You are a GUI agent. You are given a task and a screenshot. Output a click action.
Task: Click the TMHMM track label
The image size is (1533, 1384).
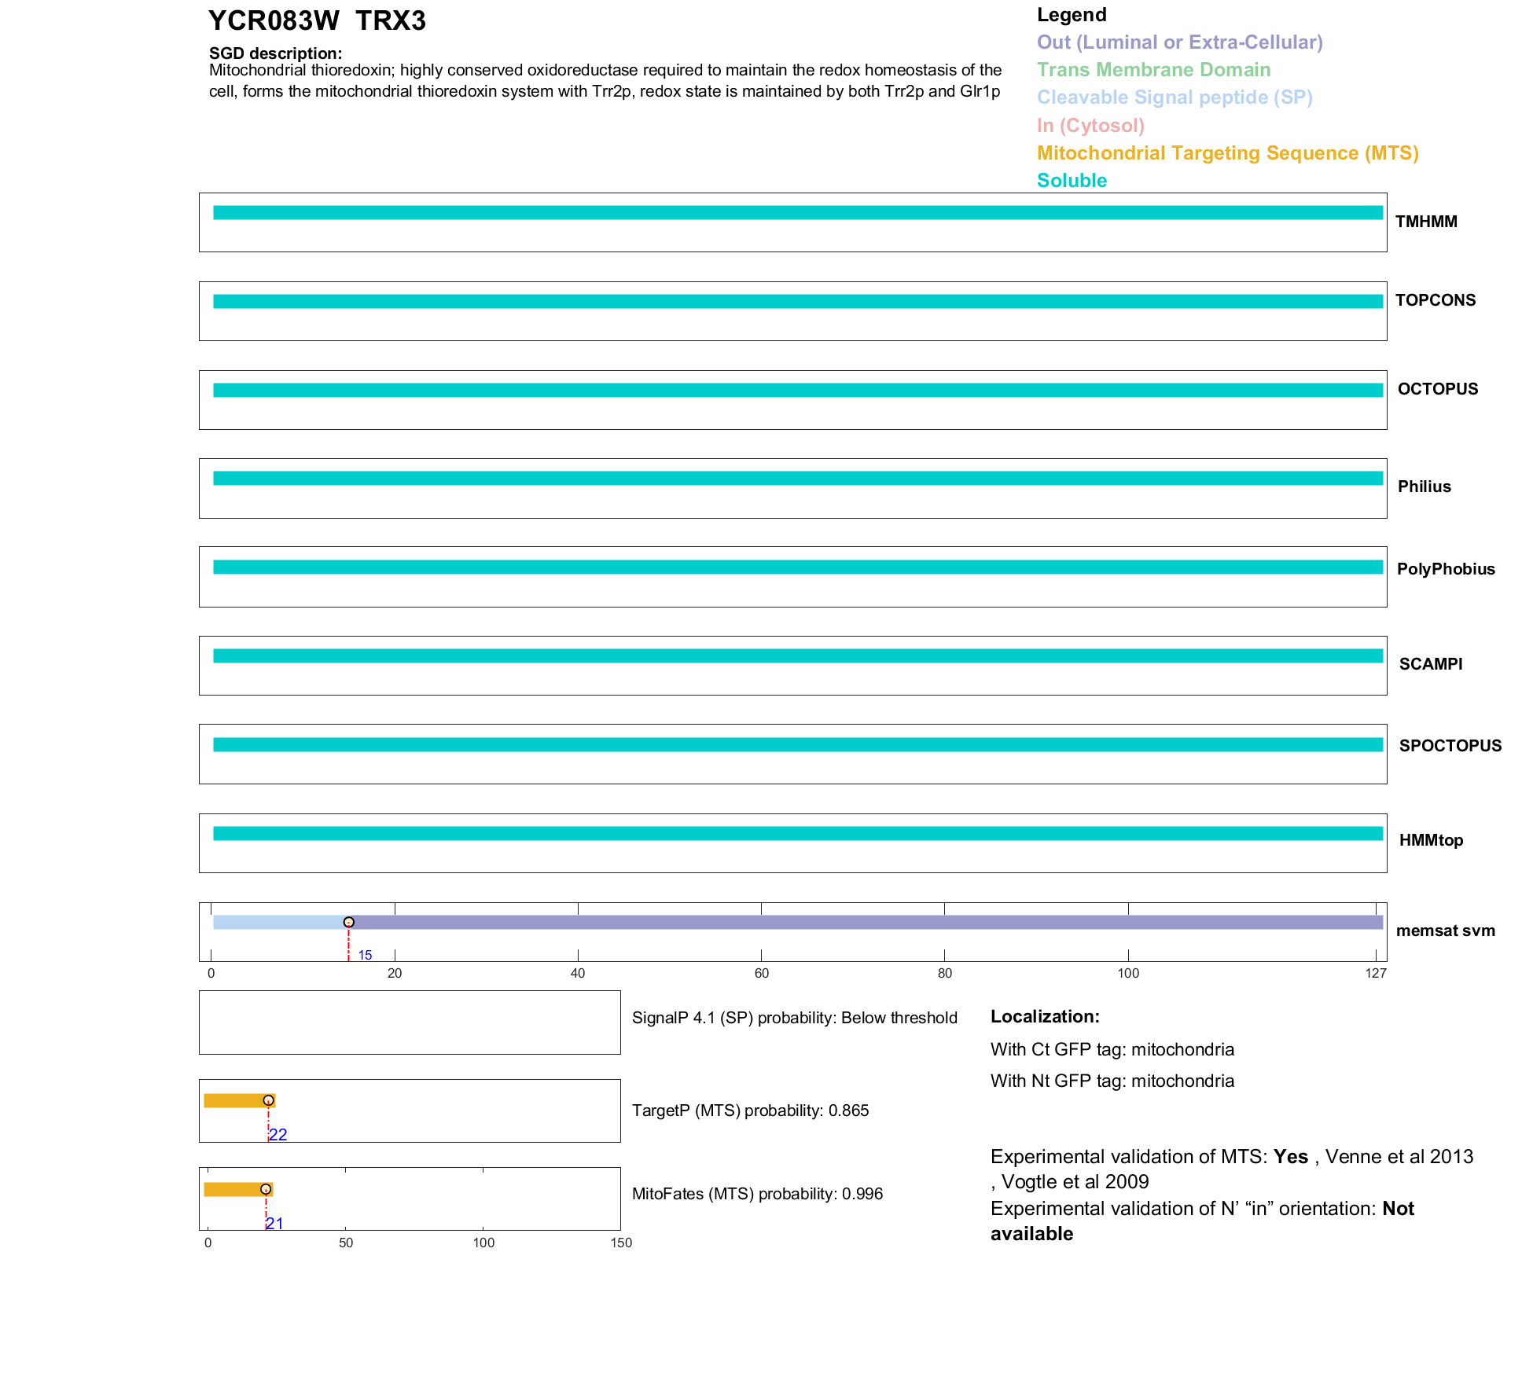click(x=1425, y=222)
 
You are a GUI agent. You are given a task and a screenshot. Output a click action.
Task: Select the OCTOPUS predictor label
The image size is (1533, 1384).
click(x=1437, y=389)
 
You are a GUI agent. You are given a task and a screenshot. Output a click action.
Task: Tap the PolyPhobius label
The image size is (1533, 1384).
click(x=1445, y=569)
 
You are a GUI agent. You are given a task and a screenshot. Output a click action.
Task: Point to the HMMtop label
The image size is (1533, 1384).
click(x=1431, y=840)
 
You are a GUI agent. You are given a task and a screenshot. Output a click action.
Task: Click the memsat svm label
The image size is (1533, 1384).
click(x=1445, y=931)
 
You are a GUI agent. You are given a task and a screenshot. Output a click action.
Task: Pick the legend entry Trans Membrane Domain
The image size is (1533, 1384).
click(x=1153, y=70)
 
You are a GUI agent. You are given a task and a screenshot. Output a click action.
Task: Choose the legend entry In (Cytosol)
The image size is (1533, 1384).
click(x=1090, y=126)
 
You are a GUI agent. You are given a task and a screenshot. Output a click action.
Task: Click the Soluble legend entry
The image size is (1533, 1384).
click(x=1072, y=181)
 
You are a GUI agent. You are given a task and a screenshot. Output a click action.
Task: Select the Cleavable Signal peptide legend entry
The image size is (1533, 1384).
click(x=1175, y=97)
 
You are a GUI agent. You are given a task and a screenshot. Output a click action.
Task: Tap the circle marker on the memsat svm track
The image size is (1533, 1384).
click(x=349, y=922)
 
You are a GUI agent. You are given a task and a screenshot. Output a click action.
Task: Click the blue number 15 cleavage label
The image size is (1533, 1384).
click(x=365, y=955)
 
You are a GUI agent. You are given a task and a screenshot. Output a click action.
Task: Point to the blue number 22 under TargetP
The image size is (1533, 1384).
click(x=278, y=1135)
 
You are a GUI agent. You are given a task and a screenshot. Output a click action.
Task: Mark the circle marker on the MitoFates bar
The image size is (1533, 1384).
click(x=266, y=1189)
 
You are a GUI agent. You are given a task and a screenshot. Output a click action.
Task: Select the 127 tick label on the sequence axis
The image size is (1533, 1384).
click(x=1376, y=974)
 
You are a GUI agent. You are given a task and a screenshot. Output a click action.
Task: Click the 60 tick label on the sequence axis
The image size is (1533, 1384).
click(x=761, y=974)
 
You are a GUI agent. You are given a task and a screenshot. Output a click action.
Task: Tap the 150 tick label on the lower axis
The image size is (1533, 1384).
click(x=621, y=1243)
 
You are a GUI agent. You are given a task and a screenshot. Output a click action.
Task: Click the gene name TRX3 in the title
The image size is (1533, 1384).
click(x=390, y=21)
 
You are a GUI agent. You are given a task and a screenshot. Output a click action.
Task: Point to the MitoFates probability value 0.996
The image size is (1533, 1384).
click(x=862, y=1194)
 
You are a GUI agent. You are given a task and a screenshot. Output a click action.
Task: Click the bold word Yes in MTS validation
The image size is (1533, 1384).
click(x=1290, y=1157)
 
